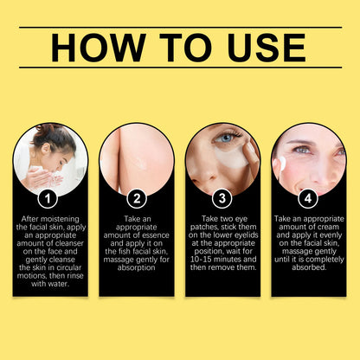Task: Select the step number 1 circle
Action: [x=50, y=197]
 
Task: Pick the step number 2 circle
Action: [x=136, y=197]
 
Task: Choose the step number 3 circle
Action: [x=222, y=197]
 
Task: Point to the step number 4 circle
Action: [x=309, y=197]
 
